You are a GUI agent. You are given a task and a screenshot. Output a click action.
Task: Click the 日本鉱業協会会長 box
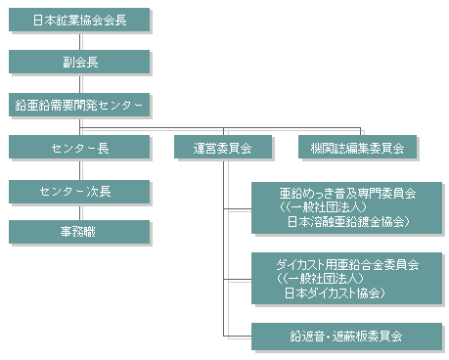point(80,19)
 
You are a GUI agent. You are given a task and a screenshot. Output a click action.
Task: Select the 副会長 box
point(80,62)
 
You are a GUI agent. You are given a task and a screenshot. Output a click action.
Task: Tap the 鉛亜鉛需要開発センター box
point(80,104)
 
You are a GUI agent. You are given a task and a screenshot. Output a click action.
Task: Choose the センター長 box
point(80,148)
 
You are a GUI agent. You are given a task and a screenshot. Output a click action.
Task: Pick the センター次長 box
point(80,190)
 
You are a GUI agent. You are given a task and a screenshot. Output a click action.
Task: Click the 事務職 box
point(80,232)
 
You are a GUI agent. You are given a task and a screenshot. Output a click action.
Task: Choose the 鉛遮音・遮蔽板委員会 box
point(347,336)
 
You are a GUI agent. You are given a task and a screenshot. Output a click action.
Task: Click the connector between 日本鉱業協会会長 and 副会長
point(80,39)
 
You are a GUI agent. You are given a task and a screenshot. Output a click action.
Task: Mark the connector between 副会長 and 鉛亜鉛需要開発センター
point(80,82)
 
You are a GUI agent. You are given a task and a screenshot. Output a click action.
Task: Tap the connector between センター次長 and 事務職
point(80,211)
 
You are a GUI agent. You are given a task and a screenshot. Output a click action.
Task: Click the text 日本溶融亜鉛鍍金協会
point(347,222)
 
